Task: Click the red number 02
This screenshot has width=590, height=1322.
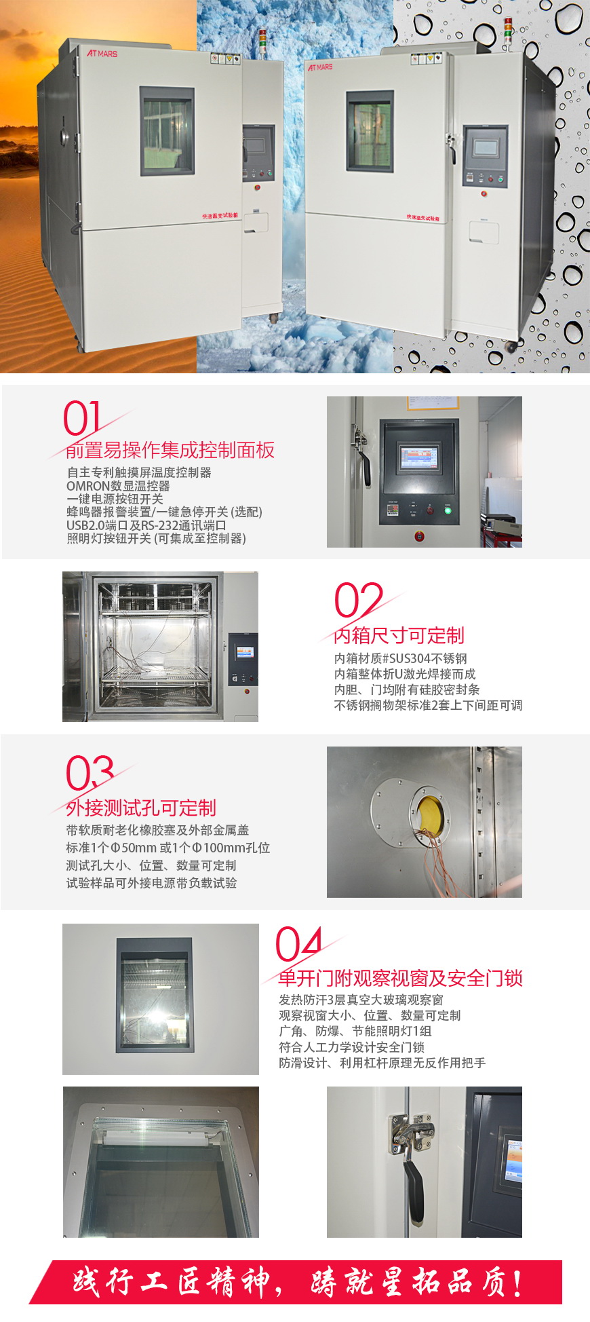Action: [x=357, y=599]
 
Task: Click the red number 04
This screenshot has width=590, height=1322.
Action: [x=298, y=944]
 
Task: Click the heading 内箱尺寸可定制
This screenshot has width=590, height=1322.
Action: [x=399, y=636]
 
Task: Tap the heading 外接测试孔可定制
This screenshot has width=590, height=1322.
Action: [x=141, y=808]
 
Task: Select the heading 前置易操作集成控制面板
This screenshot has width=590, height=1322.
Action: [x=170, y=451]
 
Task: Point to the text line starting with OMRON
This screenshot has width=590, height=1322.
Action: [x=118, y=486]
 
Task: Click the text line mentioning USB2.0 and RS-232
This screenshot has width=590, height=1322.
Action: [x=146, y=525]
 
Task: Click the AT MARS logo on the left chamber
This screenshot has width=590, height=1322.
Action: [x=102, y=53]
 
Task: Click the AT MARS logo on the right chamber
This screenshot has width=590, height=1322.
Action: [x=320, y=67]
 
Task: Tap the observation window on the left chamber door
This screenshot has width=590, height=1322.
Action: [x=167, y=130]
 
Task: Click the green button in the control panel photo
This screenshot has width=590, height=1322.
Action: [x=448, y=510]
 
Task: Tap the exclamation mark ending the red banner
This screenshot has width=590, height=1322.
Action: [x=517, y=1283]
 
